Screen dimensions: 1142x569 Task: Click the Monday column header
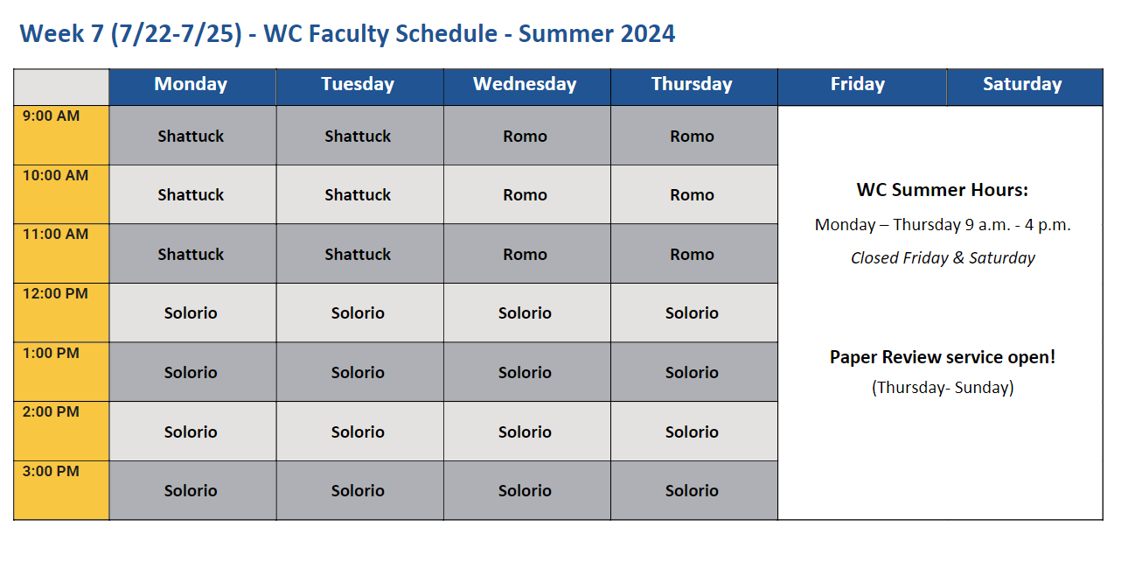[191, 84]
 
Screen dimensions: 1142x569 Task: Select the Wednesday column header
[525, 84]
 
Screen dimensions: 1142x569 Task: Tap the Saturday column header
[1022, 84]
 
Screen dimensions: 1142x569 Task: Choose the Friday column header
[858, 84]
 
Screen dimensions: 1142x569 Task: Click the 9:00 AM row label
[51, 116]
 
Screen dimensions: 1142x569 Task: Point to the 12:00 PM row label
[55, 293]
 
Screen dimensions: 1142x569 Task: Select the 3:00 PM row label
[51, 471]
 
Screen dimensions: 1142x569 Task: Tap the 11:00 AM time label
[55, 235]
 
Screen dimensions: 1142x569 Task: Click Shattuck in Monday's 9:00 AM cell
[191, 137]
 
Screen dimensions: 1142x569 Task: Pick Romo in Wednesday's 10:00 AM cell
[526, 195]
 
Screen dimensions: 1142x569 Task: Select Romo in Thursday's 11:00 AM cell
[692, 254]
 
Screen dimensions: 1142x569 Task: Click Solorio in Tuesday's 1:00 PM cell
[358, 373]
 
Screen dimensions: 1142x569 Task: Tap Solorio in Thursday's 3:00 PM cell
[692, 491]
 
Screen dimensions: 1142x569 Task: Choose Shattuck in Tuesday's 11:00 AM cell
[358, 254]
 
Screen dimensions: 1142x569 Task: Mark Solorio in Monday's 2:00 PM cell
[191, 432]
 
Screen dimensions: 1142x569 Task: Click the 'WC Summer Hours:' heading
[942, 190]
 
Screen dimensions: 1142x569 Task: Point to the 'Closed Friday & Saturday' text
[943, 258]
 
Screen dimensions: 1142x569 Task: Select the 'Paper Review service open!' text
[942, 357]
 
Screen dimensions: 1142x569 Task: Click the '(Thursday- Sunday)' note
[943, 387]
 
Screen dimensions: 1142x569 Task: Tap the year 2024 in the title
[647, 34]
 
